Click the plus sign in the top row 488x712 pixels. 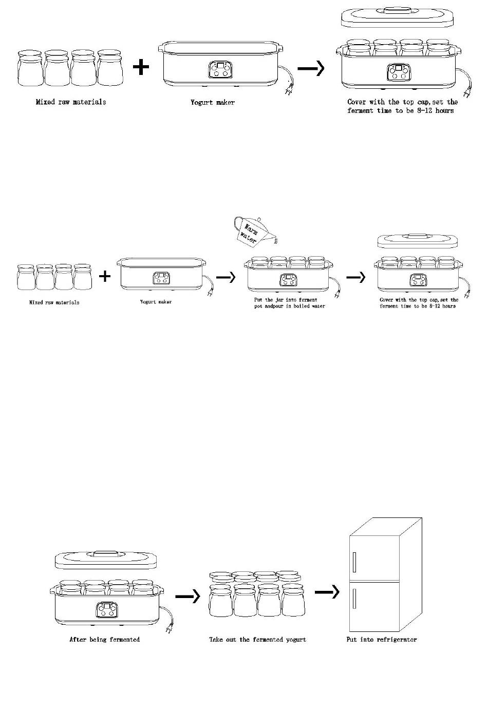tap(141, 67)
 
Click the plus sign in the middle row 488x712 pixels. tap(105, 277)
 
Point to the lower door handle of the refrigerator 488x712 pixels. tap(354, 599)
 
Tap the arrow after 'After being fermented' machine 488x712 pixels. tap(187, 596)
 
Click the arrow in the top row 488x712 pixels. tap(311, 68)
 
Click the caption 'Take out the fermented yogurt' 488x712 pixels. tap(257, 640)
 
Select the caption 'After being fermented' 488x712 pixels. tap(105, 640)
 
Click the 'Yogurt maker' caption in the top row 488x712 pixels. tap(213, 103)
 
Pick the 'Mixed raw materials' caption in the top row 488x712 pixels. tap(71, 102)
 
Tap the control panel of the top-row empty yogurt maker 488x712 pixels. tap(220, 70)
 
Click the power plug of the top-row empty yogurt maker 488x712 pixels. tap(287, 92)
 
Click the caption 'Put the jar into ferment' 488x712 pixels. tap(286, 300)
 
